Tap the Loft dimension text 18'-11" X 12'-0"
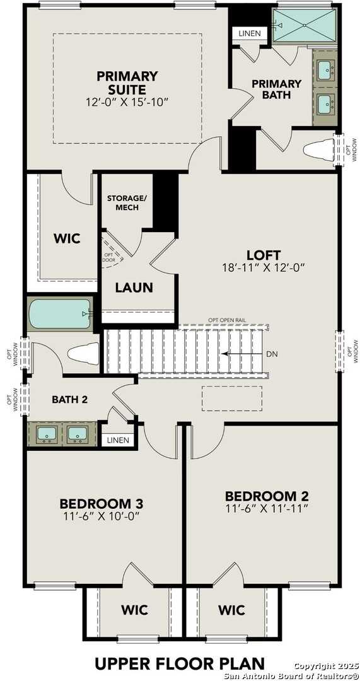[263, 267]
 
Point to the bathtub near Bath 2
[59, 313]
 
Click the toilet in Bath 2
[84, 353]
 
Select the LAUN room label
[134, 288]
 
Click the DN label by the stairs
[272, 354]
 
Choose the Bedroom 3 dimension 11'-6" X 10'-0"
[101, 515]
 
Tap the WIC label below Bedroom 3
[134, 610]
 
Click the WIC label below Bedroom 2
[232, 610]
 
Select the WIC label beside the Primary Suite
[67, 238]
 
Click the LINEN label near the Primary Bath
[250, 33]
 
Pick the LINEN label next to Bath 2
[118, 440]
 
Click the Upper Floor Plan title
[180, 663]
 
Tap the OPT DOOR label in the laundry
[108, 257]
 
